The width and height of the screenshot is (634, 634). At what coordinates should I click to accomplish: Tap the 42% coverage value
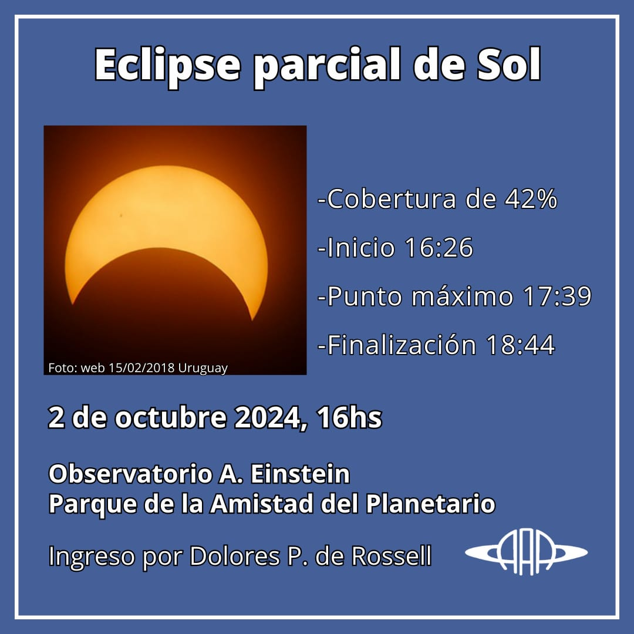tap(531, 199)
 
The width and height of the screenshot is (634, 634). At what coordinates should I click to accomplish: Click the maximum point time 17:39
tap(557, 296)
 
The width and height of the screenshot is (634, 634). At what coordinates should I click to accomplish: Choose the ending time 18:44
tap(521, 345)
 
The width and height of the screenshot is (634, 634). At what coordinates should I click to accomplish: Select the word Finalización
tap(402, 345)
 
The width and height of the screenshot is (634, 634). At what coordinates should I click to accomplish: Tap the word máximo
tap(462, 296)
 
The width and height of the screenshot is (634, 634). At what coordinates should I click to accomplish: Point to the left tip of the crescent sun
tap(72, 303)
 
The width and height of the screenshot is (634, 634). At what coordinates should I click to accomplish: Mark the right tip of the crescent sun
tap(252, 319)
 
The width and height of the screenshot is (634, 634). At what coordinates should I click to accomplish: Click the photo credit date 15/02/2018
tap(141, 368)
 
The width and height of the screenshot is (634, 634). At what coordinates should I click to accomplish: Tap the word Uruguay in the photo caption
tap(203, 368)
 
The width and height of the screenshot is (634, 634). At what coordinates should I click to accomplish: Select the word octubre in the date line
tap(171, 417)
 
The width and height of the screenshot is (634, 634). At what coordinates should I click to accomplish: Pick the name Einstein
tap(300, 474)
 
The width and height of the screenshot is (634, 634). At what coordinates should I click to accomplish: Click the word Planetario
tap(431, 504)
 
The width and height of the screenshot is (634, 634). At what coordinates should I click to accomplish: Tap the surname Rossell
tap(392, 556)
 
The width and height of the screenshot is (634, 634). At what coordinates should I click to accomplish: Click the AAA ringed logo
tap(526, 552)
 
